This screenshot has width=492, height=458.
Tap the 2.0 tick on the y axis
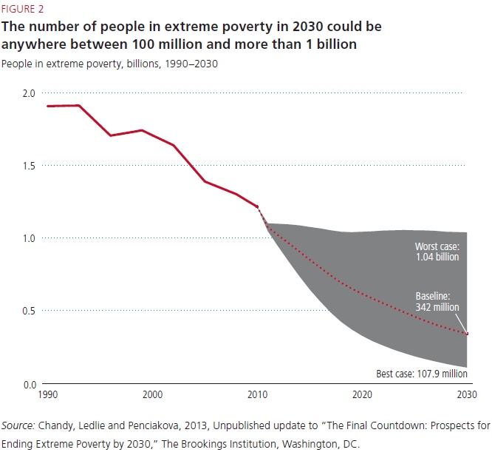pos(28,93)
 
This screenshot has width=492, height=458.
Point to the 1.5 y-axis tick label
pos(28,166)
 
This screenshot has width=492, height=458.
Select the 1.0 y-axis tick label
pos(28,238)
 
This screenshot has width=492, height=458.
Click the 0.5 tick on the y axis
pos(28,311)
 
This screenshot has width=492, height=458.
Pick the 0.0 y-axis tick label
pos(28,384)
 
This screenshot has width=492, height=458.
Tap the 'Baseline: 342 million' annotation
pos(437,302)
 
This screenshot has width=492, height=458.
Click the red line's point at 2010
pos(257,206)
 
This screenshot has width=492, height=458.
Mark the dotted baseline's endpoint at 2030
pos(467,334)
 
